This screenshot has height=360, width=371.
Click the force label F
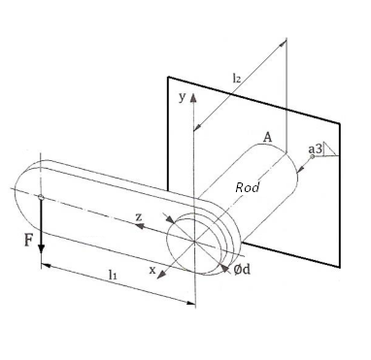click(27, 238)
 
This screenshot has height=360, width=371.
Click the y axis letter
click(181, 97)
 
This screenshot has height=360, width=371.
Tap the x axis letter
click(152, 271)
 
